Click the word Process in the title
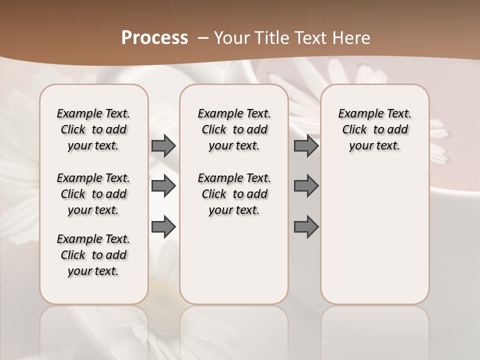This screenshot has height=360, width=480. (x=154, y=38)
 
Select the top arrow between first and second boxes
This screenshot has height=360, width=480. (x=163, y=145)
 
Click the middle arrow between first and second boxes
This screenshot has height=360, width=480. (x=163, y=186)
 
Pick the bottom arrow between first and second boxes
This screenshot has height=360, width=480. (x=163, y=227)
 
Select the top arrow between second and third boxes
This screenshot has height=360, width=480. (x=306, y=145)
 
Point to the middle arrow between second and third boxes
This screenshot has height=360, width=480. (x=306, y=186)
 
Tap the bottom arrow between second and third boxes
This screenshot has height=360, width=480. (x=306, y=227)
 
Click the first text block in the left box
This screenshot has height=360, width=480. (x=93, y=129)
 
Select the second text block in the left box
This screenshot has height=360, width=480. (x=93, y=194)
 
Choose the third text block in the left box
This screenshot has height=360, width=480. (x=93, y=255)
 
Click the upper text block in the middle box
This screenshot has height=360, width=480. (x=234, y=129)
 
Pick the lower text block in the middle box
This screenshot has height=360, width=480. (x=234, y=194)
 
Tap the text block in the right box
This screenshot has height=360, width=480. (x=374, y=129)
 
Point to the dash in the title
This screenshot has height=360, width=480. (x=203, y=38)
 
